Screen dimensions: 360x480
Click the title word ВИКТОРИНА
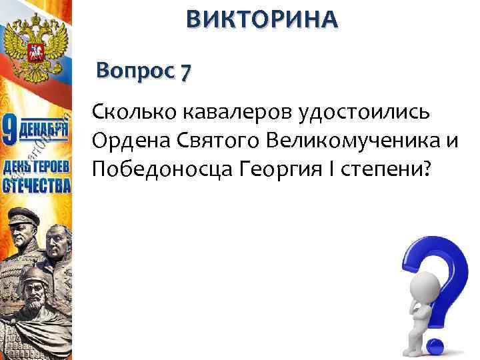[262, 19]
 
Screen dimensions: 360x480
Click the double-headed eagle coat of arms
[37, 44]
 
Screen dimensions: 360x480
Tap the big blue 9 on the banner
[12, 131]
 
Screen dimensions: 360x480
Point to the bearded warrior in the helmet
[33, 287]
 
